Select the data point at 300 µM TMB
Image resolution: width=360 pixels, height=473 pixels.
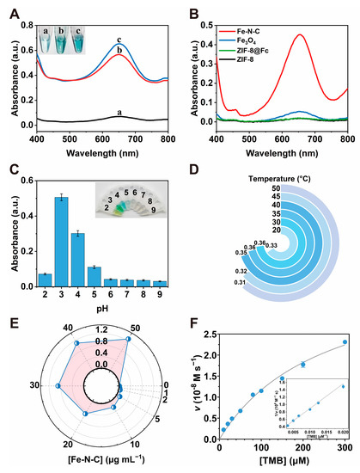tap(345, 341)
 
